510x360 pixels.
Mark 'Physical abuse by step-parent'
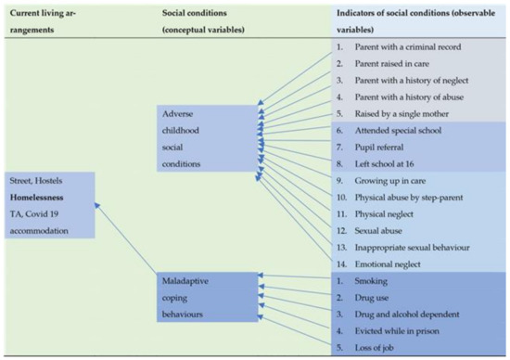tap(410, 198)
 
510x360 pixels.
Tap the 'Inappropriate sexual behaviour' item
tap(413, 248)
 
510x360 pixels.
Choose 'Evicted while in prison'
tap(399, 331)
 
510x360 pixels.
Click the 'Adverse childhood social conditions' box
tap(193, 139)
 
